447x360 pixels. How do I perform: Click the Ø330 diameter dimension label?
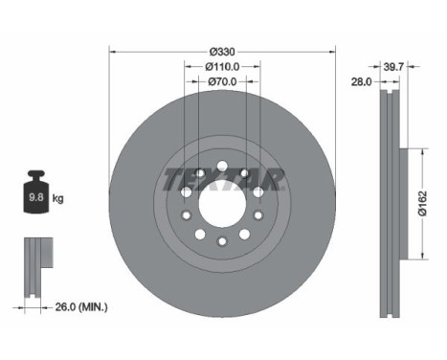(x=222, y=51)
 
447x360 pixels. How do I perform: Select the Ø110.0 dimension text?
(x=222, y=67)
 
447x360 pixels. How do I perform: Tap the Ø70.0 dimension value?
(x=222, y=83)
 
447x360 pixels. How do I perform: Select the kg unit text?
(x=58, y=199)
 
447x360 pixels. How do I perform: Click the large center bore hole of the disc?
(x=222, y=205)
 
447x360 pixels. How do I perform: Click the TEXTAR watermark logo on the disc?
(x=222, y=179)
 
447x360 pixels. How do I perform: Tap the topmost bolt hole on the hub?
(x=222, y=169)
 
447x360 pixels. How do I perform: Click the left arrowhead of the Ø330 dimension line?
(x=114, y=51)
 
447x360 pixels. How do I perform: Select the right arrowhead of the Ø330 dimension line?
(x=330, y=51)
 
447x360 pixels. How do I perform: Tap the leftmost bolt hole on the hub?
(x=186, y=205)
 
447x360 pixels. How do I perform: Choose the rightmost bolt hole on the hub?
(x=258, y=205)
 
